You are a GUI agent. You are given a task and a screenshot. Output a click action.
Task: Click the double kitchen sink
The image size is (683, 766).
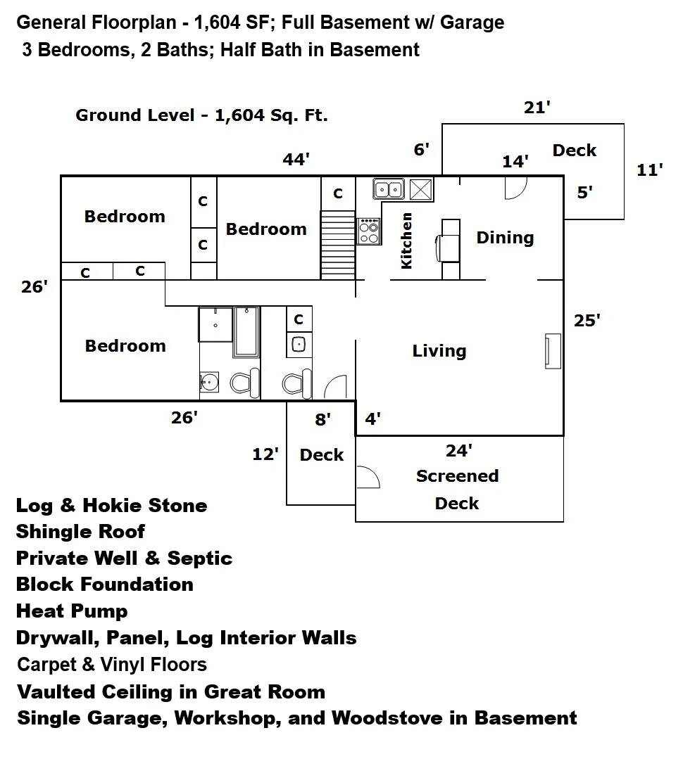click(389, 189)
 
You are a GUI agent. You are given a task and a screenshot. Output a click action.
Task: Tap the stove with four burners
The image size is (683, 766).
click(369, 231)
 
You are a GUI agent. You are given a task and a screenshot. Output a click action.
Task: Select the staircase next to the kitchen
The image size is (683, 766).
click(338, 245)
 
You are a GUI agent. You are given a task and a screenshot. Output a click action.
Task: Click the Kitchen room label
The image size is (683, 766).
click(406, 241)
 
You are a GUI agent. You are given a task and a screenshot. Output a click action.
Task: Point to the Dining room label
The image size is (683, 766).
click(505, 238)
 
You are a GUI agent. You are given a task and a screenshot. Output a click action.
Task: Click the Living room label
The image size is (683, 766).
click(439, 351)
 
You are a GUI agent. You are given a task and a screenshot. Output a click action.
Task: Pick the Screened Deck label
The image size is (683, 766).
click(457, 490)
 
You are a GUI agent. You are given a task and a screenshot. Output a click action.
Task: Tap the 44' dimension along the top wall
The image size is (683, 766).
click(296, 159)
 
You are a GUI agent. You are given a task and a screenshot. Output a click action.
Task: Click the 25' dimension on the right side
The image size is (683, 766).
click(587, 321)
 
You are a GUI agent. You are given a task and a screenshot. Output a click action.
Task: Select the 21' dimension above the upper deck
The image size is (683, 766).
click(537, 107)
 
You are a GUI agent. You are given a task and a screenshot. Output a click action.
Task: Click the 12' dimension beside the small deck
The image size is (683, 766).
click(265, 454)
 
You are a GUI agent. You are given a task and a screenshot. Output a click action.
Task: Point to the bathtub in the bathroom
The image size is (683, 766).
click(246, 331)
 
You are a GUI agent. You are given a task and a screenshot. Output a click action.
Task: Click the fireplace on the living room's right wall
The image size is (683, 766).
click(553, 351)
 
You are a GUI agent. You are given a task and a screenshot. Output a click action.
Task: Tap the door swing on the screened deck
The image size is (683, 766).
click(369, 477)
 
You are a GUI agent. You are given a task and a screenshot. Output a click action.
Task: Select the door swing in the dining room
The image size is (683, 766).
click(516, 188)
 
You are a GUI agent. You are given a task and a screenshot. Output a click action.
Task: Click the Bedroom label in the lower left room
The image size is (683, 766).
click(125, 346)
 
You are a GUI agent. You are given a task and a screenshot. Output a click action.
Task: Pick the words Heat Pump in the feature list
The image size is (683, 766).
click(72, 611)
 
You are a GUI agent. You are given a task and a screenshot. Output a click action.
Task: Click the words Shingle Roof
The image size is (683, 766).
click(80, 532)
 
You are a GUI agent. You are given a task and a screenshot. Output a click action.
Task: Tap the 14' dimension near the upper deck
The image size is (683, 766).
click(515, 161)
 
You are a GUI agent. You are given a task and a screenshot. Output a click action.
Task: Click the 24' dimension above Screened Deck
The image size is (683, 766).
click(458, 450)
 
